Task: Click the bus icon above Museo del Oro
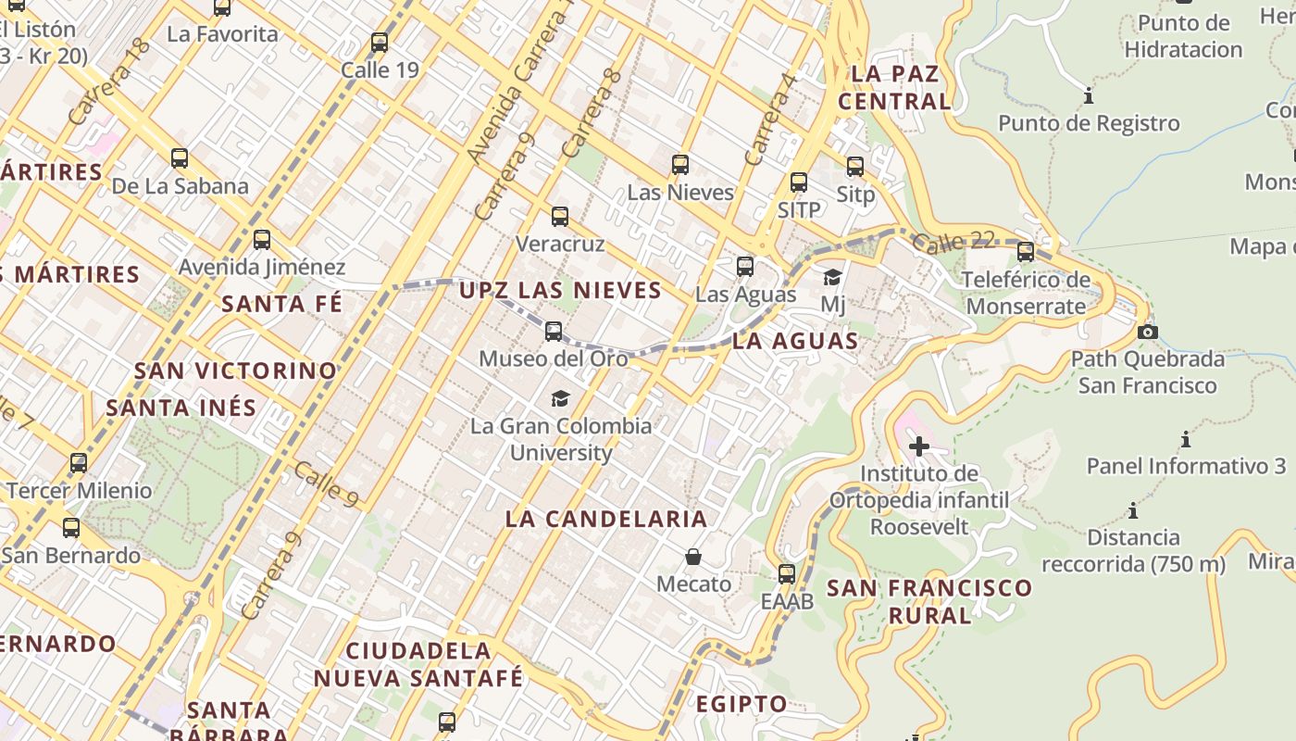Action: point(554,331)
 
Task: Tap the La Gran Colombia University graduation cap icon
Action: point(560,398)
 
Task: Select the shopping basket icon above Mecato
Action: point(693,557)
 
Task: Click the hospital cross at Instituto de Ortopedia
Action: point(918,446)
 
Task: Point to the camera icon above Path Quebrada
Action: point(1148,332)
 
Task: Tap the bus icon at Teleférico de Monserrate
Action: point(1026,251)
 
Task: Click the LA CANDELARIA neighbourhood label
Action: point(606,519)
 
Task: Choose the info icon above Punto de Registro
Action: point(1089,95)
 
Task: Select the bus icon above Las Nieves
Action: point(680,165)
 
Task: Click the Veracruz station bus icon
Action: point(560,217)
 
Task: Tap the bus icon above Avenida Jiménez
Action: point(262,240)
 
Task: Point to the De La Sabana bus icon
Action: point(180,158)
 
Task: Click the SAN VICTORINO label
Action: point(236,370)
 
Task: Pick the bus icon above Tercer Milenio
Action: point(79,462)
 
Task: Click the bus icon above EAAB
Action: point(787,574)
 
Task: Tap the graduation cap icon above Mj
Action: point(833,277)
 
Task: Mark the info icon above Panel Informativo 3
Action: point(1185,439)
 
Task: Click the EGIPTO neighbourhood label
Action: point(741,704)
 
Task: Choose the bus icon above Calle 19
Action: point(380,43)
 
